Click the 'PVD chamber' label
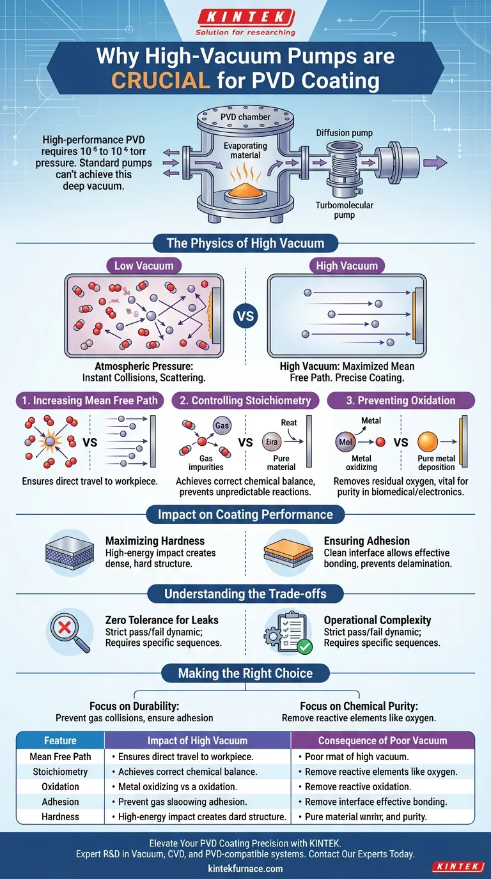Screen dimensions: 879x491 [x=245, y=117]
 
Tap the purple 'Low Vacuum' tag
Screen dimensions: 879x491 [x=143, y=266]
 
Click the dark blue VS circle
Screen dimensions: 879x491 [x=245, y=316]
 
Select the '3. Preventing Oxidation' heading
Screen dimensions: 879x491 [x=401, y=401]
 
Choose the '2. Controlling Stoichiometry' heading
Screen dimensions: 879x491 [x=245, y=401]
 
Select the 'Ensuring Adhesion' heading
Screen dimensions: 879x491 [x=367, y=541]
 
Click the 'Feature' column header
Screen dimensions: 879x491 [x=60, y=741]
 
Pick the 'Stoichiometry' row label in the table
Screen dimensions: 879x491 [x=60, y=772]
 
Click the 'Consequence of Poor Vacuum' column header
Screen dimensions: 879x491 [x=382, y=741]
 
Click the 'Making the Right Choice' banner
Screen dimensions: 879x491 [x=245, y=673]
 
